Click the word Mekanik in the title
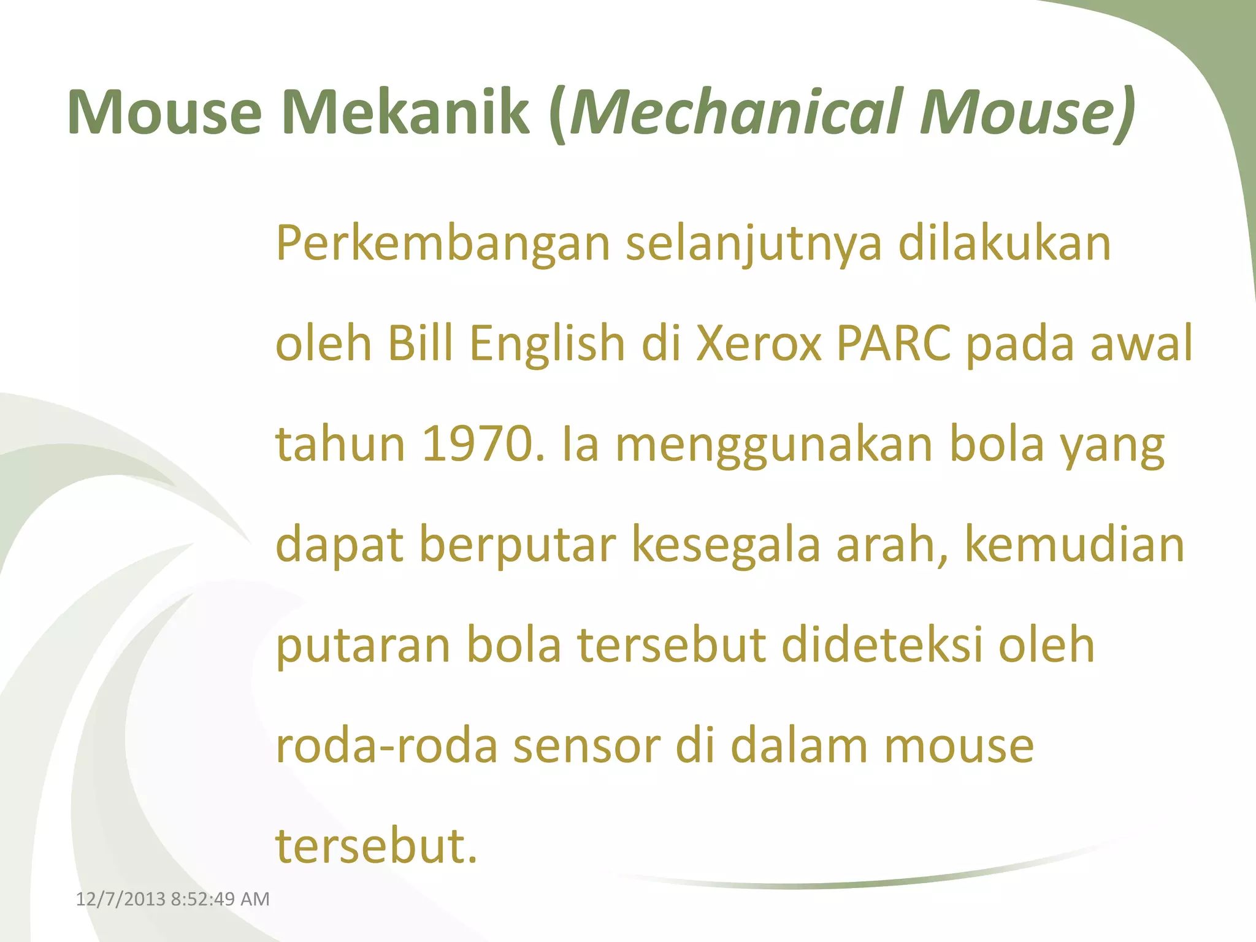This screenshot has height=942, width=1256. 405,113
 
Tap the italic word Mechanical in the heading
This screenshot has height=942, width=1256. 737,113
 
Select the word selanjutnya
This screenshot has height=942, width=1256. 753,244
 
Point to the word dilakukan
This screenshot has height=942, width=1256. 1005,244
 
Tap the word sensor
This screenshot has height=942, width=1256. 586,747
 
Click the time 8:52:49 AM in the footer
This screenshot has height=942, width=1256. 220,899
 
